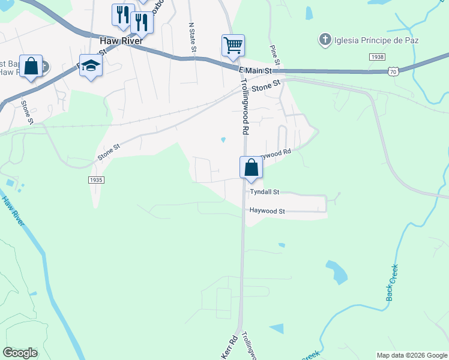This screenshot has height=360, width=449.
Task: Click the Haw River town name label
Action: point(121,41)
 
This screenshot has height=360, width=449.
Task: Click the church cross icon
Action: point(325,40)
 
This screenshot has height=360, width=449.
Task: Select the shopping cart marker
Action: point(233,45)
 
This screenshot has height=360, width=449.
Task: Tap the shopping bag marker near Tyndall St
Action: point(251,167)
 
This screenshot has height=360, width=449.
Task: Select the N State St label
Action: point(193,37)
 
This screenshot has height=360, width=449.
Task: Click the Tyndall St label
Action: point(265,192)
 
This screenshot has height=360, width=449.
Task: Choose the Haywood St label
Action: point(267,211)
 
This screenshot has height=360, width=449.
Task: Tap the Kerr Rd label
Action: point(230,346)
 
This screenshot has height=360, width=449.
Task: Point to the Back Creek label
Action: point(393,282)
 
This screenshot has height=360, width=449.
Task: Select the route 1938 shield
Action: point(377,56)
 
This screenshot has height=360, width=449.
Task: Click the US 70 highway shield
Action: point(393,71)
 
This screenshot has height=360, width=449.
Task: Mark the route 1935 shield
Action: point(95,180)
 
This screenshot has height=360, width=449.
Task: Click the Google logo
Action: point(20,352)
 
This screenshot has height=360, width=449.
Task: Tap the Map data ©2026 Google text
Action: point(411,355)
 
